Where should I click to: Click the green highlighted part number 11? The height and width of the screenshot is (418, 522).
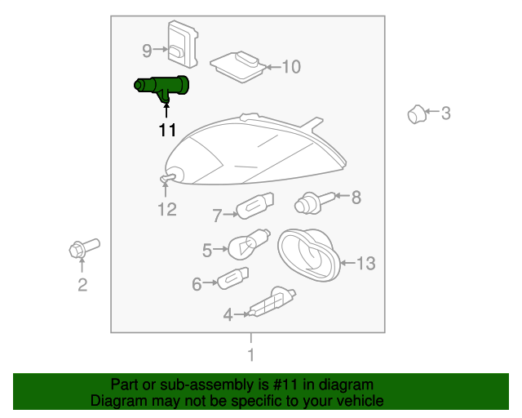tap(161, 86)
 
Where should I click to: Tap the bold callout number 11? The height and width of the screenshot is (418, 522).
tap(167, 131)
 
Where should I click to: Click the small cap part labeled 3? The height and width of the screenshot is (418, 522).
tap(417, 114)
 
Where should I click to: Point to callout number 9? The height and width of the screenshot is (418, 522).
tap(147, 51)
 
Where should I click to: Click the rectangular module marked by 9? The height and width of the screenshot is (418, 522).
tap(183, 44)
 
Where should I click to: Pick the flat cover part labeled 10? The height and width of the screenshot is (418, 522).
tap(238, 67)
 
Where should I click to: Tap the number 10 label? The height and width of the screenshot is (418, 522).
tap(291, 67)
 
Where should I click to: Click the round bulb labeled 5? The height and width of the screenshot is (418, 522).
tap(249, 244)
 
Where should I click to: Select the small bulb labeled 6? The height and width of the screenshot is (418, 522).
tap(232, 278)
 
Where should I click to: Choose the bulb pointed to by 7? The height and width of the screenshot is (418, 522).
tap(255, 206)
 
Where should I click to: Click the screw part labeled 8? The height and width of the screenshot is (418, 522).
tap(314, 202)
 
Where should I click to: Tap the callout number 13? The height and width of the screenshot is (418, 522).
tap(366, 264)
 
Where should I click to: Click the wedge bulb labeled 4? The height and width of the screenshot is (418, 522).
tap(272, 302)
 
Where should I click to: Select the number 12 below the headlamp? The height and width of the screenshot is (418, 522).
tap(167, 210)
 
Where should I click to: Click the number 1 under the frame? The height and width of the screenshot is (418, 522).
tap(251, 355)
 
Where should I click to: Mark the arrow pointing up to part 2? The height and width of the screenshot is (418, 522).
tap(82, 265)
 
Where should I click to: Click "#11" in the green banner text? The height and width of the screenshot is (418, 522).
tap(285, 385)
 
